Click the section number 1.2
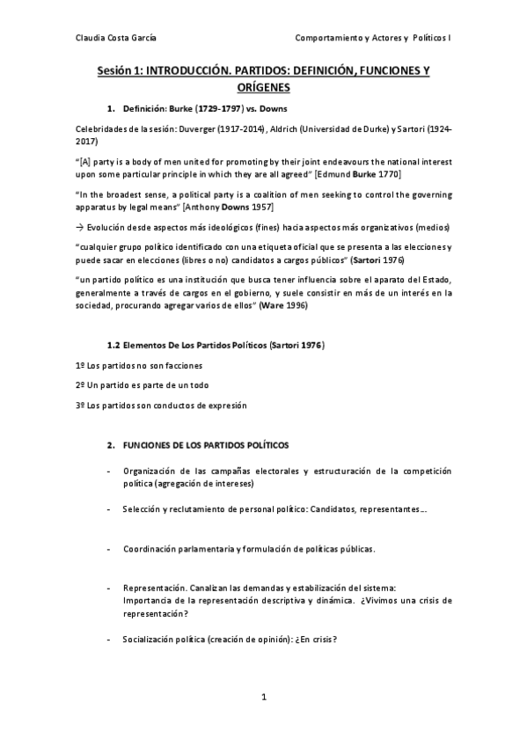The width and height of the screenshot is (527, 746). [113, 346]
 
